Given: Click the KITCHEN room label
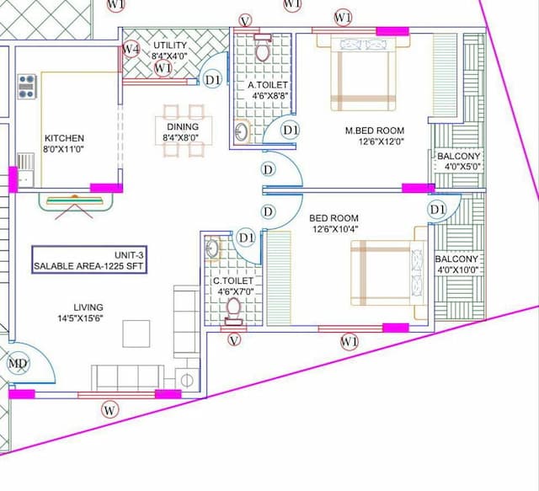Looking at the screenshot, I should [x=64, y=138].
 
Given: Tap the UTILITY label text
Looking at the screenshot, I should [x=170, y=45].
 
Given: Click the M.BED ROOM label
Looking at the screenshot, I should [x=375, y=131].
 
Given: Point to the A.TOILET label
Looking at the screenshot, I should [x=268, y=85].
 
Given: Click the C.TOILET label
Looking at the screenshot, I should [x=233, y=281].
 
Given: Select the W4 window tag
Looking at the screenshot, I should [x=131, y=50].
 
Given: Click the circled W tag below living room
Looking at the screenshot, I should [x=109, y=410].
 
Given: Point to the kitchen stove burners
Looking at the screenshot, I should [x=28, y=87].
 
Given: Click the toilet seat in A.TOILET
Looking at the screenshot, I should [x=262, y=51].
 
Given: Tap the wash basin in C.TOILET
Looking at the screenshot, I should [x=212, y=248].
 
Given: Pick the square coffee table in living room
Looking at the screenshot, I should [x=136, y=334].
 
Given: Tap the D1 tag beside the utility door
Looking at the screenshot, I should [x=213, y=80].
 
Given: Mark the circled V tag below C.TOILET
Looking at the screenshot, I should [x=234, y=339].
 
